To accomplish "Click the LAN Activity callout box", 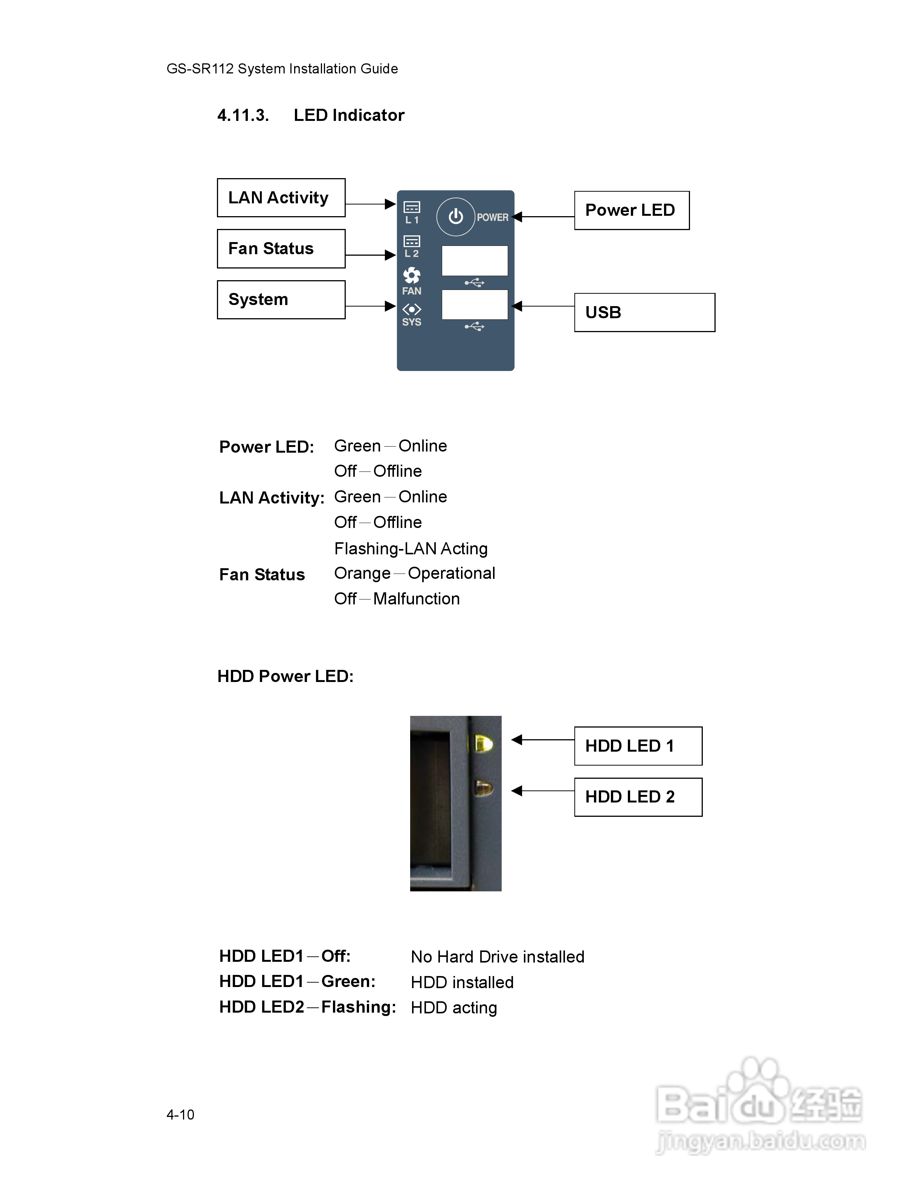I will (x=281, y=198).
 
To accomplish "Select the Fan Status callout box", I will (x=281, y=249).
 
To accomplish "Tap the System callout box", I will (x=281, y=299).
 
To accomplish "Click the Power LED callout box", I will (x=631, y=210).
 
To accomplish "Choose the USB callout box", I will (x=644, y=313).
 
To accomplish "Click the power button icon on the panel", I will (x=455, y=217).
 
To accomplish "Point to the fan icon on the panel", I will (x=411, y=275).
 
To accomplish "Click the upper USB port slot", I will (x=474, y=261).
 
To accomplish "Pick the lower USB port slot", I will (x=474, y=304).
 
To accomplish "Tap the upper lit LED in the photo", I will (x=483, y=743).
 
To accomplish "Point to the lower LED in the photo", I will (x=483, y=788).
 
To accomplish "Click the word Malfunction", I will (x=416, y=599).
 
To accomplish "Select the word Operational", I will (x=451, y=573).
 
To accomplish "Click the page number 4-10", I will (x=180, y=1114).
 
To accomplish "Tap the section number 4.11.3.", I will (x=243, y=115).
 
